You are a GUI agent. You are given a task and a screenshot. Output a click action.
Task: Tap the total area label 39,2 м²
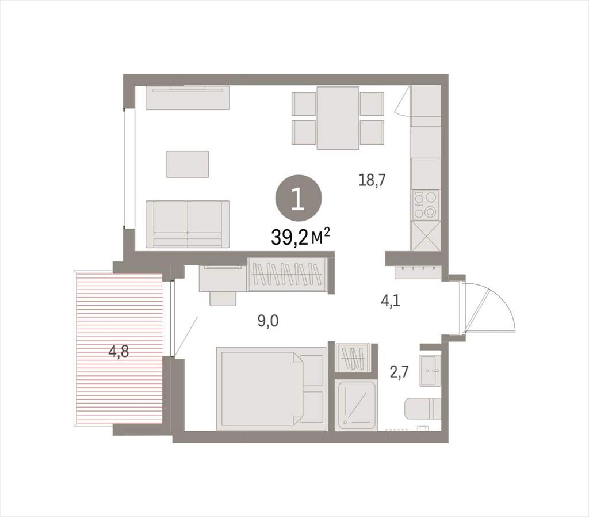(x=300, y=237)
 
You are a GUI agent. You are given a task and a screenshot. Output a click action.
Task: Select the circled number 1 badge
(x=299, y=199)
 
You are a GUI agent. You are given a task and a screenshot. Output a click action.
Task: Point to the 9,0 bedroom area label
(x=268, y=321)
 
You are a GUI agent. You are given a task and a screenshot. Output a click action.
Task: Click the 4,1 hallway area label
(x=391, y=301)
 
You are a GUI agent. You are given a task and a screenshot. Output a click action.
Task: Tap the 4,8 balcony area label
(x=118, y=352)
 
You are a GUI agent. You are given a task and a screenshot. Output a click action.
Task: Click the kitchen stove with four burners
(x=426, y=205)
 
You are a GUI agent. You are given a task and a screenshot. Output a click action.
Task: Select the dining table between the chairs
(x=338, y=118)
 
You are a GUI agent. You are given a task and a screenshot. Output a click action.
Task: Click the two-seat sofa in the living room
(x=188, y=224)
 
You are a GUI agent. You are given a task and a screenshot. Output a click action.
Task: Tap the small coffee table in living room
(x=188, y=164)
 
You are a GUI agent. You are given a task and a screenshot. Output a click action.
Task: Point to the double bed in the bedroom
(x=271, y=389)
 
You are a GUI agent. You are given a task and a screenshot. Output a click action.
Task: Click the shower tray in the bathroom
(x=356, y=405)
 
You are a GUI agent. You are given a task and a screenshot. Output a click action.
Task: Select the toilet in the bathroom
(x=423, y=409)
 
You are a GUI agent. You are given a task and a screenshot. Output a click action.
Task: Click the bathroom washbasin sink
(x=430, y=370)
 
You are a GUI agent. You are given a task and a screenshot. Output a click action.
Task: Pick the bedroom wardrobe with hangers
(x=288, y=275)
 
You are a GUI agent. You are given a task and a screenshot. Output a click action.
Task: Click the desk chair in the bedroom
(x=223, y=299)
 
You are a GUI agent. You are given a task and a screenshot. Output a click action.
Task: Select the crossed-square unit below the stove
(x=426, y=235)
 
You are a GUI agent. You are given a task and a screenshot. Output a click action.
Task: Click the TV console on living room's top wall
(x=188, y=98)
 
